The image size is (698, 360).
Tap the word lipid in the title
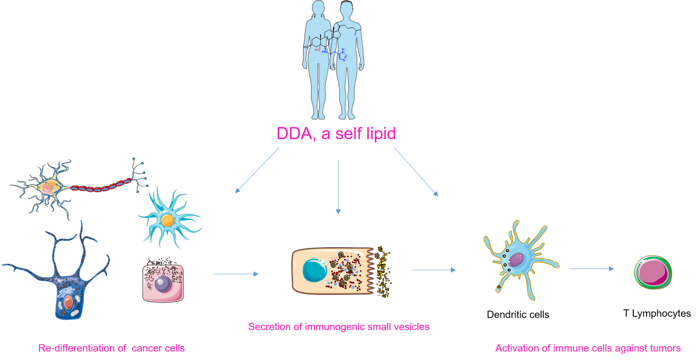pyautogui.click(x=380, y=133)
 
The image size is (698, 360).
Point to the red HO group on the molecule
pyautogui.click(x=317, y=50)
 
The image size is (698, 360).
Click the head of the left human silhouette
pyautogui.click(x=318, y=8)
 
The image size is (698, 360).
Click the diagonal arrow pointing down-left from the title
pyautogui.click(x=257, y=170)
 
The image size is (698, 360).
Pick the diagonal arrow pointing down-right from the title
pyautogui.click(x=416, y=172)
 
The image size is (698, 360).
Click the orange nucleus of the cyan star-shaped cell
pyautogui.click(x=167, y=220)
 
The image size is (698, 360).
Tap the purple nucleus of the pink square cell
pyautogui.click(x=163, y=284)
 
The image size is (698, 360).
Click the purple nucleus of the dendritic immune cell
pyautogui.click(x=516, y=260)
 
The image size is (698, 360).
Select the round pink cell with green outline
pyautogui.click(x=653, y=272)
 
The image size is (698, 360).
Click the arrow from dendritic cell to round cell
pyautogui.click(x=592, y=269)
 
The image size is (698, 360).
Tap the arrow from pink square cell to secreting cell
pyautogui.click(x=236, y=274)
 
